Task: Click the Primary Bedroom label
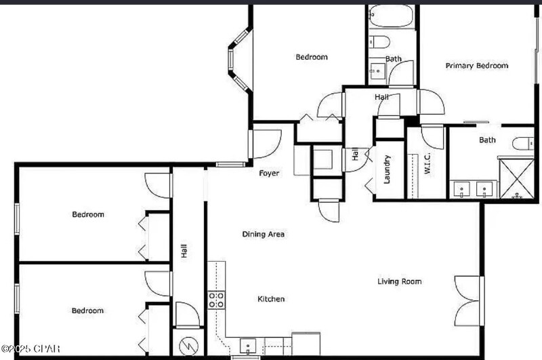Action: [476, 66]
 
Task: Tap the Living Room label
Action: [399, 281]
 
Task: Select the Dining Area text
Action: [263, 235]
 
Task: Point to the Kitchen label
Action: [271, 299]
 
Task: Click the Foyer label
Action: [269, 174]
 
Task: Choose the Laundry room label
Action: [387, 170]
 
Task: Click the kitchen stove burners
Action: [216, 300]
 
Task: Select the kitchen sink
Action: [249, 346]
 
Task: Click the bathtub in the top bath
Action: [391, 16]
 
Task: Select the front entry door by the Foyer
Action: [264, 144]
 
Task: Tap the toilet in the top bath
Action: [379, 42]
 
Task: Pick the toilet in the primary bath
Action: [523, 143]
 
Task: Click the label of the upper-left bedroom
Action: [88, 215]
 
